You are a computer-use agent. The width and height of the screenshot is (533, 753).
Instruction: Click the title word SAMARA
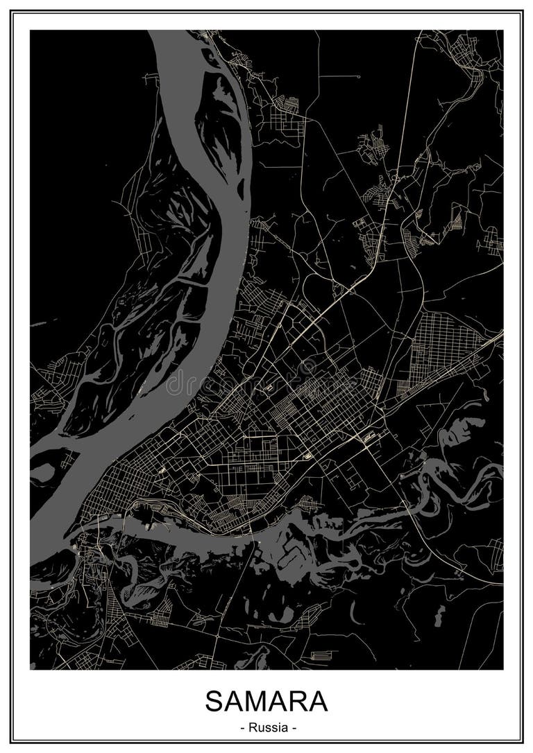point(266,701)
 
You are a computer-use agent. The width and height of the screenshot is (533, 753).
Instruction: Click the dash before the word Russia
point(242,728)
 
